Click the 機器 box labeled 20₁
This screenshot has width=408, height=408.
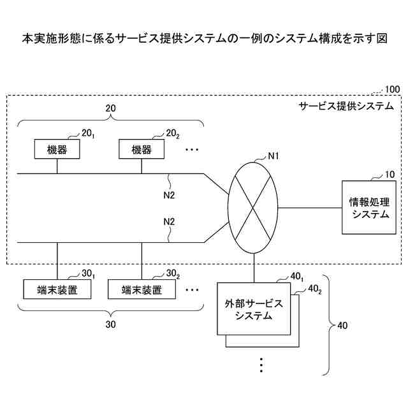57,150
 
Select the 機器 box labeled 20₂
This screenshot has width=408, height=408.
142,150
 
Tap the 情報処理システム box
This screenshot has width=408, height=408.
369,208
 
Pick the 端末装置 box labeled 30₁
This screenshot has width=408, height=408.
57,290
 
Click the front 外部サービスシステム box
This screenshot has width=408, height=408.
254,309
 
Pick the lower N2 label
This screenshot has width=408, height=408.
169,222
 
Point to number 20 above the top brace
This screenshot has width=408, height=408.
110,109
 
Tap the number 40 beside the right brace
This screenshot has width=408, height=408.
342,326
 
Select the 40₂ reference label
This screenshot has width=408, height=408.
314,289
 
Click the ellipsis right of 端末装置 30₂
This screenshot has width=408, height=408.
192,289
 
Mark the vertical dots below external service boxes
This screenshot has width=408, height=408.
261,365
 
